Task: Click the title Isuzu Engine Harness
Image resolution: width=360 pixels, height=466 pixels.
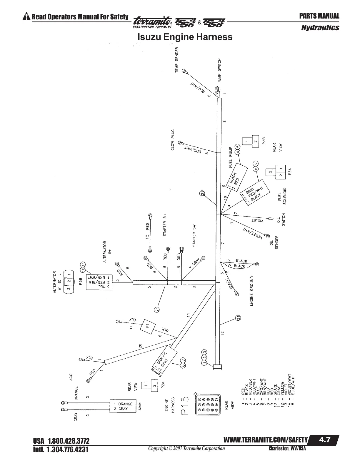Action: click(x=185, y=37)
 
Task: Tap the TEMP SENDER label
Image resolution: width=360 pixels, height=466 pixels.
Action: click(x=177, y=59)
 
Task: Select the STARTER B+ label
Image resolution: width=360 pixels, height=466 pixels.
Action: click(x=165, y=224)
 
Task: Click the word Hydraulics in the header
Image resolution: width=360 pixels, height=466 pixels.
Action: click(x=320, y=28)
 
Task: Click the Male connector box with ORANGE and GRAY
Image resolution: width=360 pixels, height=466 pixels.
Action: click(x=125, y=406)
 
